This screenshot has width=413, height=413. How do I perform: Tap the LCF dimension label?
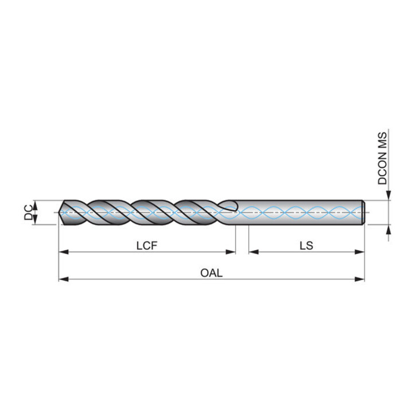tap(147, 246)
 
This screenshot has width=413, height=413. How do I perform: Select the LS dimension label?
tap(306, 246)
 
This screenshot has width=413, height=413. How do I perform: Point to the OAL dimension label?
tap(211, 273)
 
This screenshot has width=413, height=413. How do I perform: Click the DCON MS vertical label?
tap(383, 158)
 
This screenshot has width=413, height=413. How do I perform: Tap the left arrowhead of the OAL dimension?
tap(64, 279)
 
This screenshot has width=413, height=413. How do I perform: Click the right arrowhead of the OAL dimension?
tap(360, 279)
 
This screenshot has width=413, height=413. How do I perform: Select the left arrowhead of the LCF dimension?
tap(64, 252)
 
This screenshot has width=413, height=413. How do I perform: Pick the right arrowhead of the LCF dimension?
tap(231, 252)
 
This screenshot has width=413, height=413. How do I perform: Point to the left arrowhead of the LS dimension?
tap(254, 252)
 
